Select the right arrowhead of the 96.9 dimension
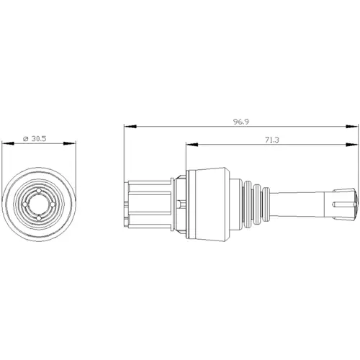tap(352, 127)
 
